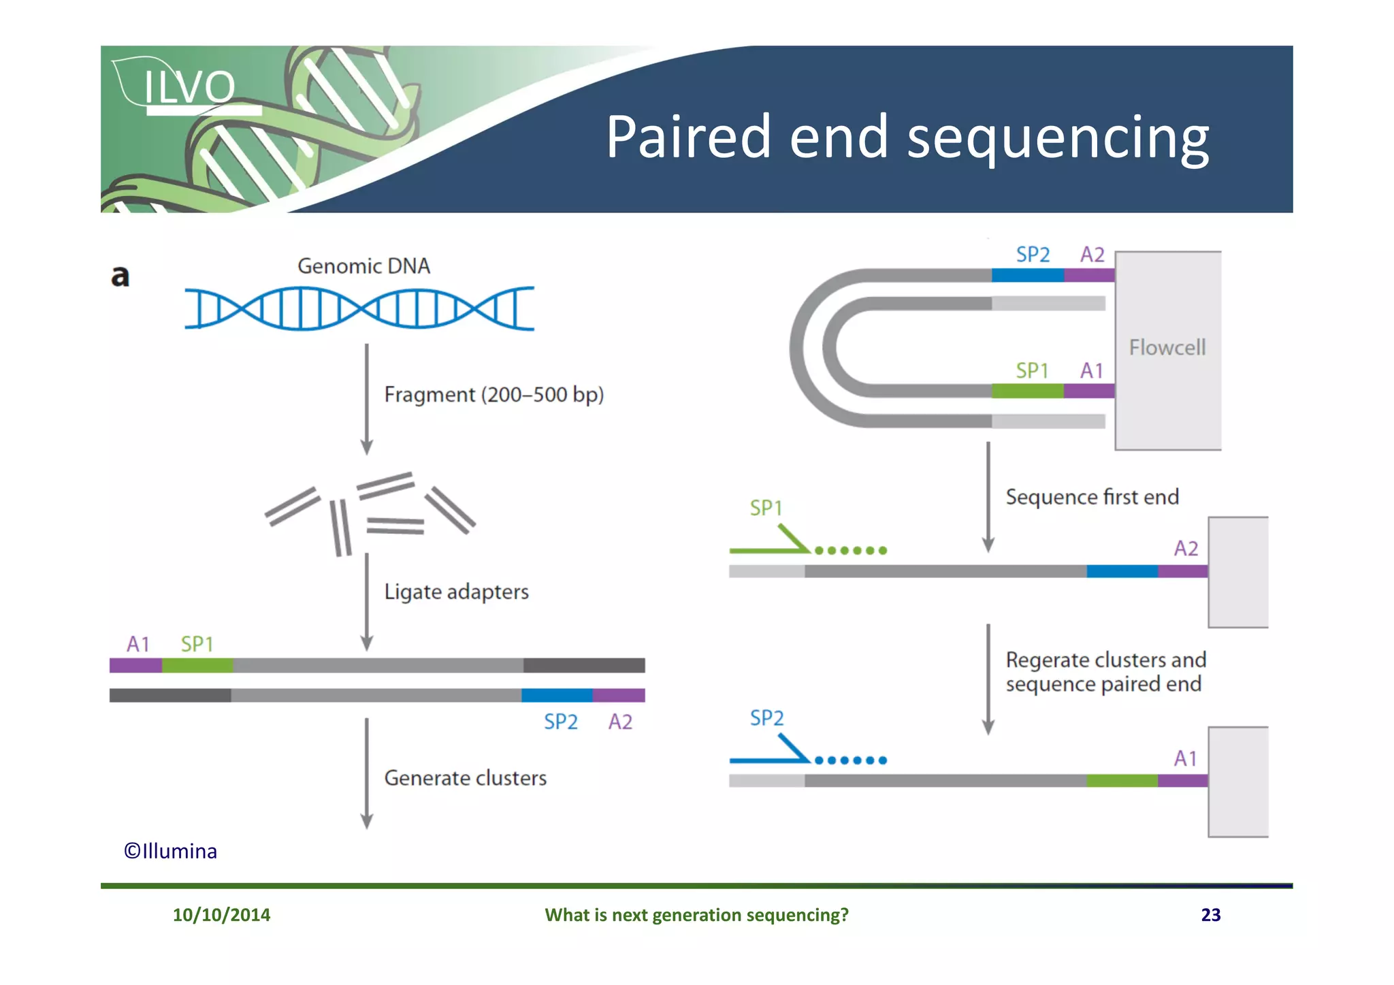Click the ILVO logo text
189,87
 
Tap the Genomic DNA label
363,266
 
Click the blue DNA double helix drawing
359,308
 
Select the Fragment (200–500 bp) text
494,395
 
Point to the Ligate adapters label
456,592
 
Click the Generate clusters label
465,778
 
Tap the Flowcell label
1167,348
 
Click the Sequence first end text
1092,497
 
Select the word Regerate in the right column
1048,660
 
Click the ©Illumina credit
170,851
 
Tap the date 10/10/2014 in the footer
221,914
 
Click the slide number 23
1210,914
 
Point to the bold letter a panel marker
120,276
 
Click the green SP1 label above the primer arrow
766,508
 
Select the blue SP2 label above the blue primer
766,717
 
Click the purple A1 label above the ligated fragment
138,644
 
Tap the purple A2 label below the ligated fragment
620,722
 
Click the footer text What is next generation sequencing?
696,914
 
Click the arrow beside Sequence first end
988,497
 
